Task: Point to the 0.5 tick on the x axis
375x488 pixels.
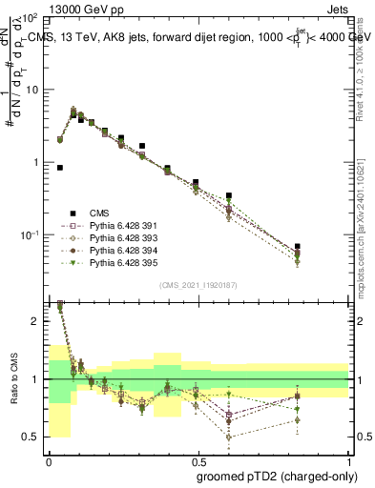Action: click(198, 460)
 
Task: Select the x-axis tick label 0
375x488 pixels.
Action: click(48, 460)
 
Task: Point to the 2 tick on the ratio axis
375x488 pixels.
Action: click(37, 321)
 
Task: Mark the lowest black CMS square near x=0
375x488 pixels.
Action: click(60, 167)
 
